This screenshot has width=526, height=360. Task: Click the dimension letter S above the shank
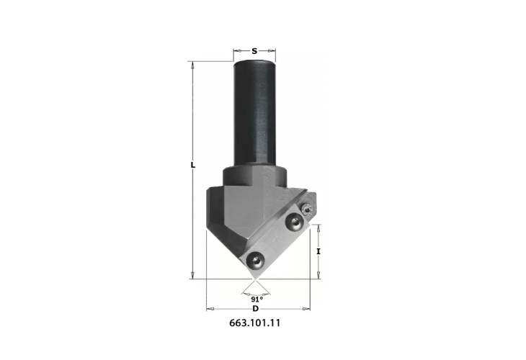(x=255, y=51)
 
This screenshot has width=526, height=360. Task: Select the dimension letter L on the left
(x=192, y=166)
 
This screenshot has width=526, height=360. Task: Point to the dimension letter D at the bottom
(x=255, y=308)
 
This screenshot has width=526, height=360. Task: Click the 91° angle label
(x=255, y=298)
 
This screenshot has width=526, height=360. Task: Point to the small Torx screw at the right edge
(x=308, y=209)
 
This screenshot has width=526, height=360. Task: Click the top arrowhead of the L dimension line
(x=192, y=65)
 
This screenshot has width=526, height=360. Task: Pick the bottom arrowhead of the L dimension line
(x=192, y=274)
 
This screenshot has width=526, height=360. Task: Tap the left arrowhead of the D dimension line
(x=210, y=308)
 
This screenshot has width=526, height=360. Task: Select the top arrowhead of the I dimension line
(x=318, y=226)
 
